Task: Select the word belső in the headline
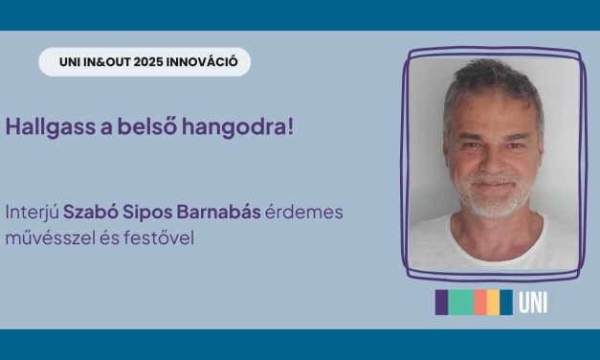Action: [x=155, y=127]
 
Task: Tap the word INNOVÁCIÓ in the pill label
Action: [x=204, y=63]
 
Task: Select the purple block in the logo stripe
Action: [x=442, y=303]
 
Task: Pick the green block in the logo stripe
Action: [x=462, y=303]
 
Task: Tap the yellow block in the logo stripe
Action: [x=493, y=303]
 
